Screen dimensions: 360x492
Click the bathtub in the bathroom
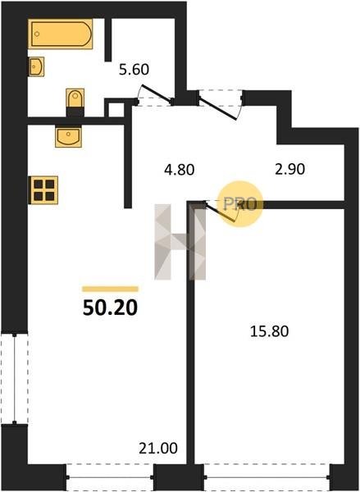pos(60,34)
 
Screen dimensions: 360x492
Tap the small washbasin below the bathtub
pos(36,66)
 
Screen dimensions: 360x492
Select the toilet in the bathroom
pos(75,102)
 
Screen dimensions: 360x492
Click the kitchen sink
pos(68,136)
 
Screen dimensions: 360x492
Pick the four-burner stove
pos(43,190)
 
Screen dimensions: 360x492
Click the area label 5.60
pos(134,70)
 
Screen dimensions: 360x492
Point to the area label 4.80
pos(180,170)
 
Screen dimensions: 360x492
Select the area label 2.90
pos(289,169)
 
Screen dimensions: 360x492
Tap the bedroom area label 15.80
pos(269,331)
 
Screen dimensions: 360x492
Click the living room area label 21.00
pos(158,448)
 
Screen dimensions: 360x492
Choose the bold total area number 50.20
pos(110,307)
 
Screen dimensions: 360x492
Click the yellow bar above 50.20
pos(110,289)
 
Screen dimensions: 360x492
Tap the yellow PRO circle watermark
pos(240,204)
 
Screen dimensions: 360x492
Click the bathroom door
pos(155,94)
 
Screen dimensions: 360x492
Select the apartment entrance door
pos(220,104)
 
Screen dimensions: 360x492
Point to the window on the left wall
pos(15,379)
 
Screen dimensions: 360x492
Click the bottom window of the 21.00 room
pos(110,477)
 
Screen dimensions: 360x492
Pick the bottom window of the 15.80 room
pos(267,477)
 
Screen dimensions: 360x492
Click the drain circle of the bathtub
pos(37,34)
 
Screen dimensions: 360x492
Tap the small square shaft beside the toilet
pos(116,110)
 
